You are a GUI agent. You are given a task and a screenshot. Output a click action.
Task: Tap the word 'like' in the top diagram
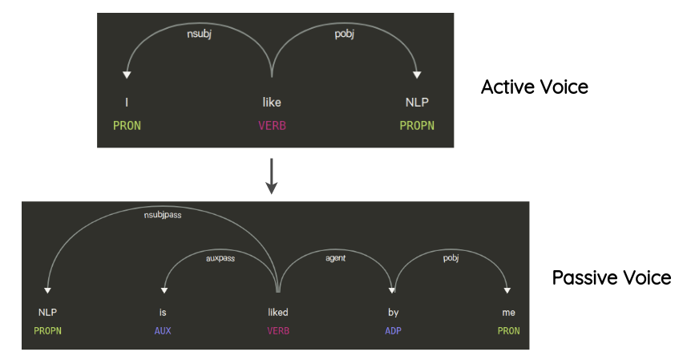click(272, 103)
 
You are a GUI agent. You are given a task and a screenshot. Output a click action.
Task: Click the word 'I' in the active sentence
click(126, 103)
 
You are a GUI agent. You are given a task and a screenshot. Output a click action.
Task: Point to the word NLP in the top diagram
click(417, 103)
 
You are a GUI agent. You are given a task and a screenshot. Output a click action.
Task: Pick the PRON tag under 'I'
click(127, 126)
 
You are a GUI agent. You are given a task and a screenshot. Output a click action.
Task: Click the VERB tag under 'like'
click(272, 126)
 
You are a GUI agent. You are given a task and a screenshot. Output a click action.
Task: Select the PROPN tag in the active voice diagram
click(417, 126)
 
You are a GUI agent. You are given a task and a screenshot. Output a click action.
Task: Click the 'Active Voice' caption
click(534, 87)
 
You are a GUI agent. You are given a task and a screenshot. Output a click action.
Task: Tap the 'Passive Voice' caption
click(611, 278)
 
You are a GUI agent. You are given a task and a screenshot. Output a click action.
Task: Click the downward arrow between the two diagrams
click(272, 176)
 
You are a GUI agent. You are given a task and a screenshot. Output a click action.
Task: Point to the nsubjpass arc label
click(162, 216)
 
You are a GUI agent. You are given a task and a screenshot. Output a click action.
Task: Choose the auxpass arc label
click(220, 259)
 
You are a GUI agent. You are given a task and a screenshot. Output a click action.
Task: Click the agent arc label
click(335, 259)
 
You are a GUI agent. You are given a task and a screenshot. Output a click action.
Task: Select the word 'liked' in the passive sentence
click(277, 312)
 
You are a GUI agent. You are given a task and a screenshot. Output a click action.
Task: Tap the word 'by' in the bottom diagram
click(393, 312)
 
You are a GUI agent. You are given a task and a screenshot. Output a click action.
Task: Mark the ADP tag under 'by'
click(393, 330)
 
